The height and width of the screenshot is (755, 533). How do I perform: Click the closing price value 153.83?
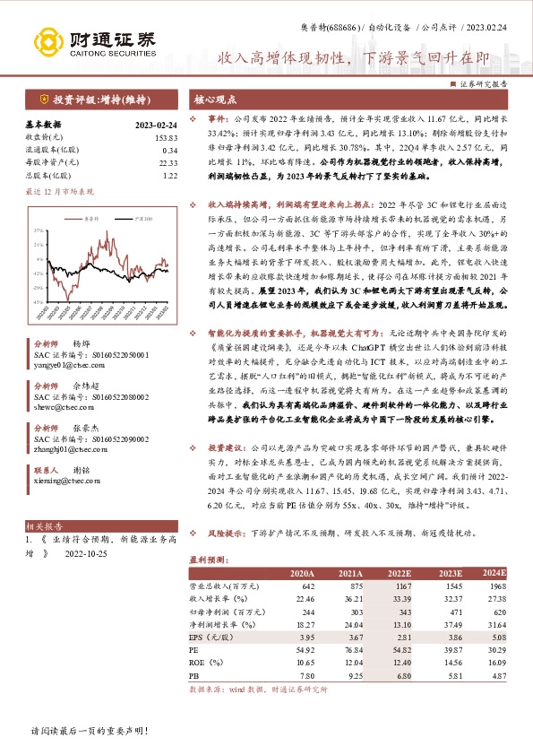tap(167, 136)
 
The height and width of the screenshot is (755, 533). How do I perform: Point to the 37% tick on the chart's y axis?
tap(39, 231)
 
